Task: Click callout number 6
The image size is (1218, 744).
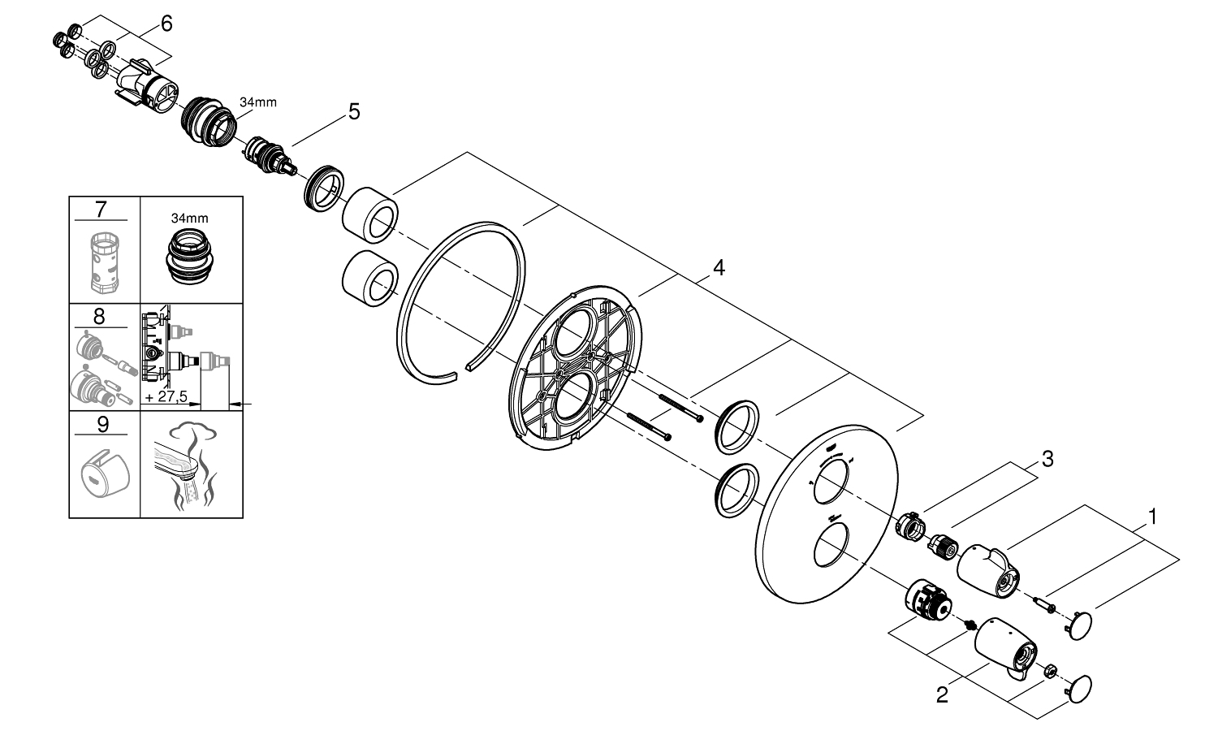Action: coord(166,24)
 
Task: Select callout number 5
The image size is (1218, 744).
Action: coord(353,111)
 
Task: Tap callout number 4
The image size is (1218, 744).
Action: coord(718,267)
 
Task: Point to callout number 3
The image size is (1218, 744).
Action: coord(1047,460)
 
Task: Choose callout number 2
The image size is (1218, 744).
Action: coord(942,696)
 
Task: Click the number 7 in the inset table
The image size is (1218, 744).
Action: coord(101,210)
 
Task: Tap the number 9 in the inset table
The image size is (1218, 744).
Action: coord(101,424)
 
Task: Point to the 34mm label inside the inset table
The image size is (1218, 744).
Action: coord(189,218)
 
